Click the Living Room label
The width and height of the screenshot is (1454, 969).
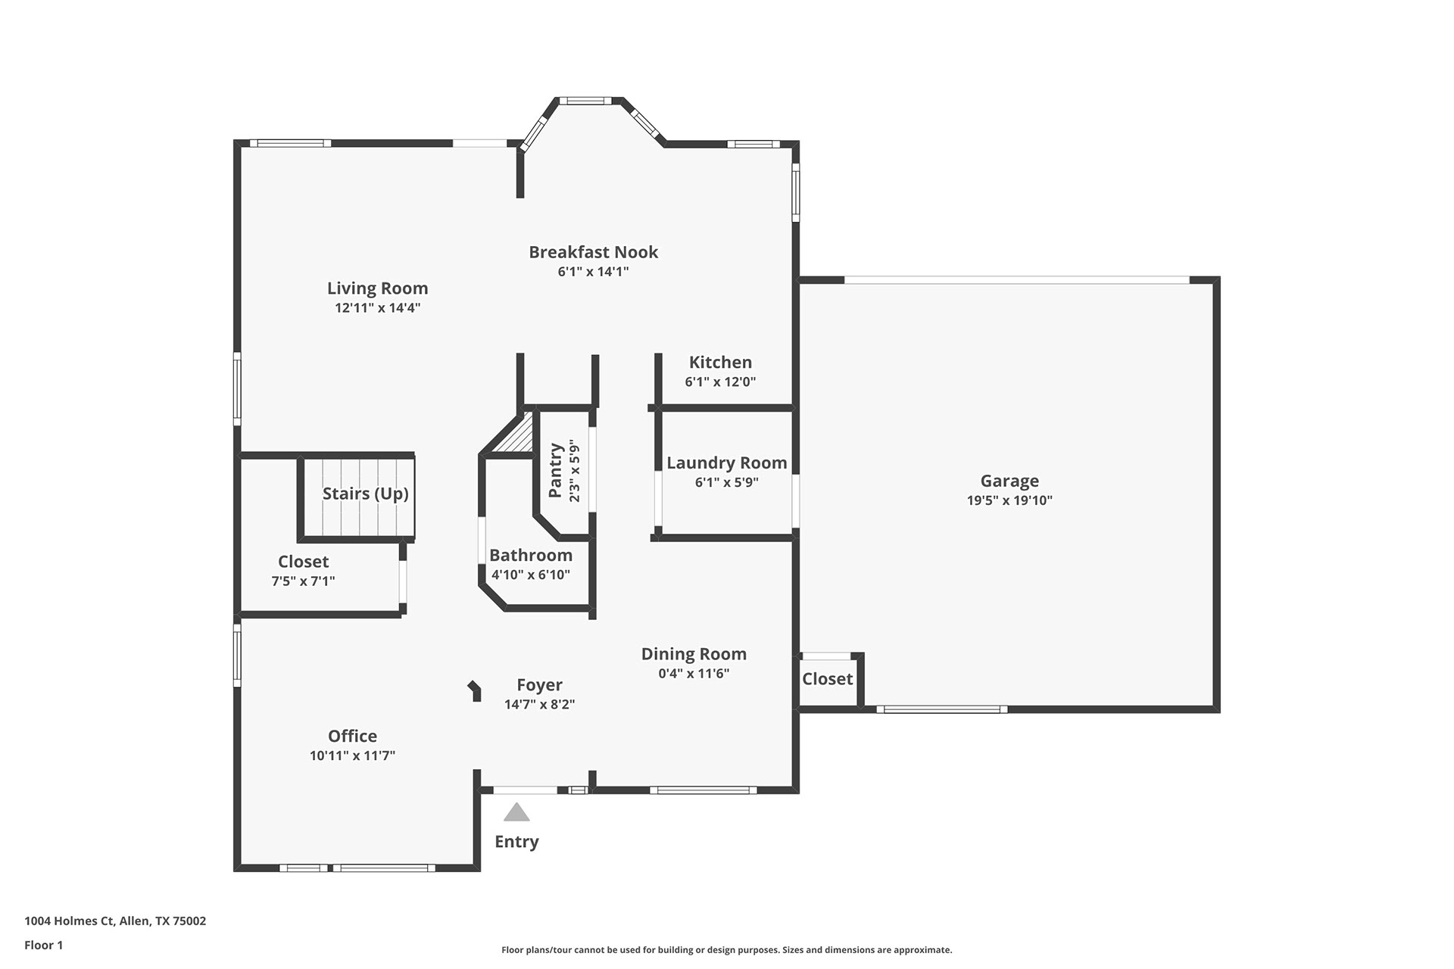coord(377,288)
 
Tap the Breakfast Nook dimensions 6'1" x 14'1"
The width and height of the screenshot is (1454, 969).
coord(593,272)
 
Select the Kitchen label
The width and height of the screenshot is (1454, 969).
coord(720,362)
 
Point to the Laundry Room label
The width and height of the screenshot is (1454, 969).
coord(726,463)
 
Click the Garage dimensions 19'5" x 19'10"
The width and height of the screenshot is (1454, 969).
coord(1009,500)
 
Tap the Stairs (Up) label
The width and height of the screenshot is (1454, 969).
coord(366,494)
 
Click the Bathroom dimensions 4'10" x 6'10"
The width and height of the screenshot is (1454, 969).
coord(530,575)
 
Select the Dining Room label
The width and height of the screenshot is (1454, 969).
coord(694,654)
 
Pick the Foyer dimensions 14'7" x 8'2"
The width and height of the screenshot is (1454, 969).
coord(539,705)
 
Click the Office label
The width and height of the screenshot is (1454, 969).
coord(352,736)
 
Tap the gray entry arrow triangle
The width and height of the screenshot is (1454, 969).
coord(516,812)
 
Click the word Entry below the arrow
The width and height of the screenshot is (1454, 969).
coord(516,842)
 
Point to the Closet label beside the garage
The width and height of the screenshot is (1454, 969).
coord(827,679)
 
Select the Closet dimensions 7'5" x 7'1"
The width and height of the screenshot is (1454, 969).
coord(303,581)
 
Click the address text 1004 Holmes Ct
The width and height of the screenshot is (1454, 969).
coord(69,921)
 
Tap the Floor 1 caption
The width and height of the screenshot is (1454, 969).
coord(44,945)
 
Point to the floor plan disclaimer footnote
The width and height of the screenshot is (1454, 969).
coord(726,950)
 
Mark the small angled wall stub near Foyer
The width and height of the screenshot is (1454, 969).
coord(474,690)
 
